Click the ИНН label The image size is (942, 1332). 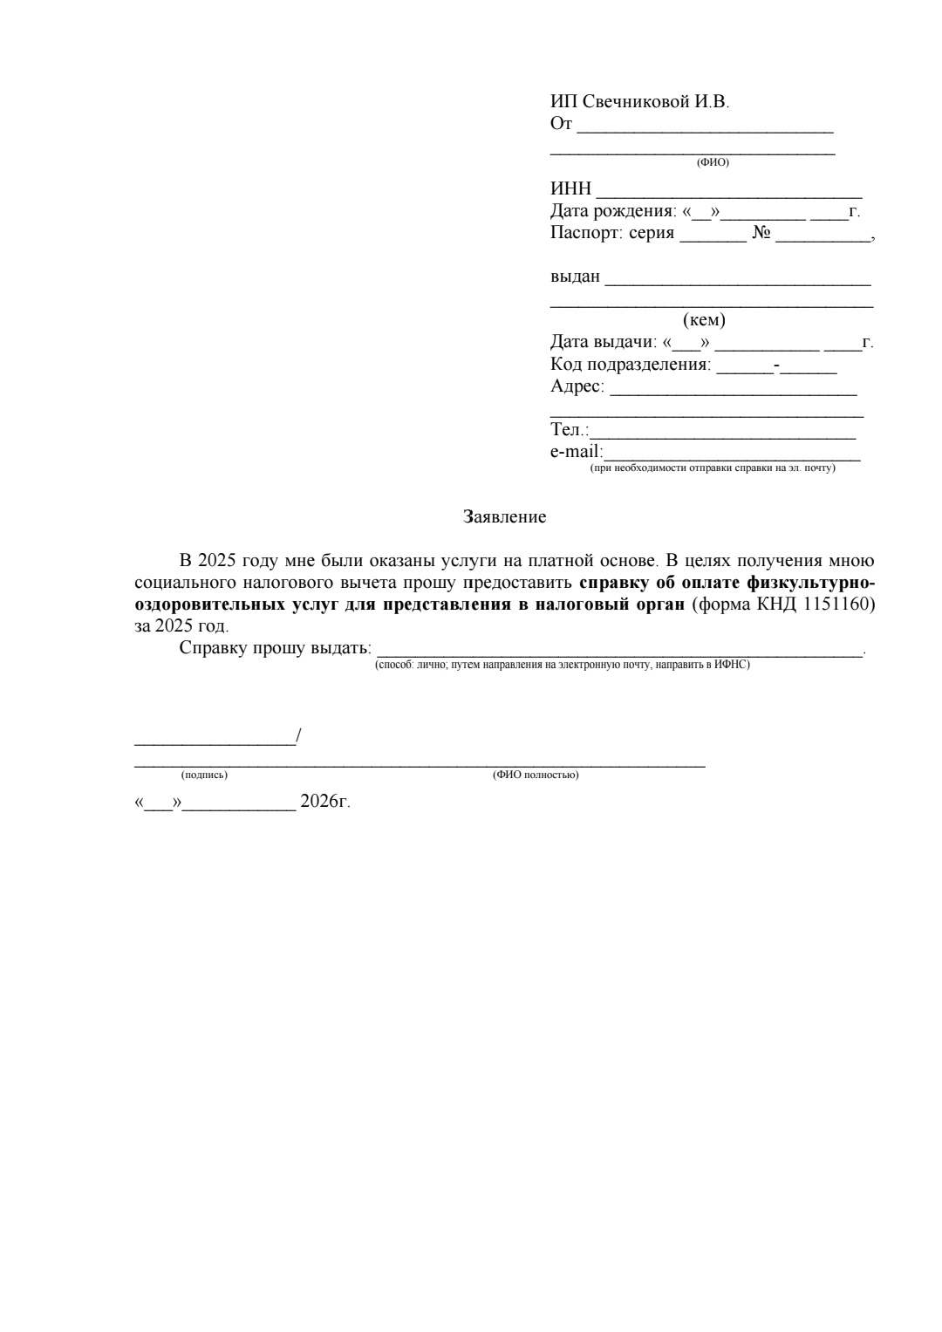tap(570, 189)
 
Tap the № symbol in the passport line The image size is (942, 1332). tap(761, 233)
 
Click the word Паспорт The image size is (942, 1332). tap(585, 233)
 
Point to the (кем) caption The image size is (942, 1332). tap(704, 320)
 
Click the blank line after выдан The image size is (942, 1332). tap(738, 282)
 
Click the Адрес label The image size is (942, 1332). tap(577, 386)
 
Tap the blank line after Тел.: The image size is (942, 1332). tap(722, 435)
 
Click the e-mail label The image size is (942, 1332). tap(576, 452)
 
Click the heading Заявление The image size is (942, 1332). tap(504, 517)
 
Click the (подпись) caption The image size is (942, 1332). tap(204, 775)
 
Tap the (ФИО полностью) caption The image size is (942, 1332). tap(536, 775)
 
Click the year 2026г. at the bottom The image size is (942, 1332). tap(324, 801)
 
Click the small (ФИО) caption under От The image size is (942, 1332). tap(713, 162)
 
